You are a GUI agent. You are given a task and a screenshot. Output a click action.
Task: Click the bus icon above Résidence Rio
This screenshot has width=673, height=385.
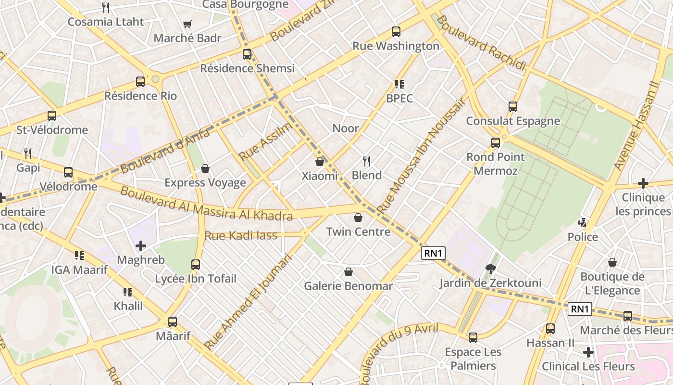(140, 82)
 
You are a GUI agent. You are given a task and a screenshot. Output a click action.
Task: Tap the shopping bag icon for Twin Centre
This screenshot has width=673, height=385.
(358, 218)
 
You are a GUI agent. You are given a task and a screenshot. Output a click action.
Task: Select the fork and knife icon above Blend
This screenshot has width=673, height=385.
(367, 161)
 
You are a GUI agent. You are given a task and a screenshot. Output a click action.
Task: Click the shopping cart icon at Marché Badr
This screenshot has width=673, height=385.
(187, 24)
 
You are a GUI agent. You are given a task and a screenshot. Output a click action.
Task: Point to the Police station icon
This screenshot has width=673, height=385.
(583, 223)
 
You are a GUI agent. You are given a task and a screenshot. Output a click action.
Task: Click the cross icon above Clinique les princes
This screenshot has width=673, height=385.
(643, 183)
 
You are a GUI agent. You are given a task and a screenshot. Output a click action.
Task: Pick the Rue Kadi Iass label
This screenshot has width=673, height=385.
(241, 235)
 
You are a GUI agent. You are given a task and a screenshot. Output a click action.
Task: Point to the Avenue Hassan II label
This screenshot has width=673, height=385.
(636, 125)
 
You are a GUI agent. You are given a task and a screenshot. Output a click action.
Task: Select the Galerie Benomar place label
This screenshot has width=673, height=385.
(349, 286)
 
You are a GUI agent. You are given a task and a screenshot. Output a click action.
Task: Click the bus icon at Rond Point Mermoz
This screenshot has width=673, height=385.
(496, 143)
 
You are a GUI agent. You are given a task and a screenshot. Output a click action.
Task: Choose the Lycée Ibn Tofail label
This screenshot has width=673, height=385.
(196, 279)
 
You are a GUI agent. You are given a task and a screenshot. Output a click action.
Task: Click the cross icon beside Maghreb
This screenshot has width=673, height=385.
(140, 246)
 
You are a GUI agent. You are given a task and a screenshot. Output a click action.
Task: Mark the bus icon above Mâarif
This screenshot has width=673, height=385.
(173, 322)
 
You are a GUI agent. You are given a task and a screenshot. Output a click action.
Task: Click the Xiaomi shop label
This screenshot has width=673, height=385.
(320, 176)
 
